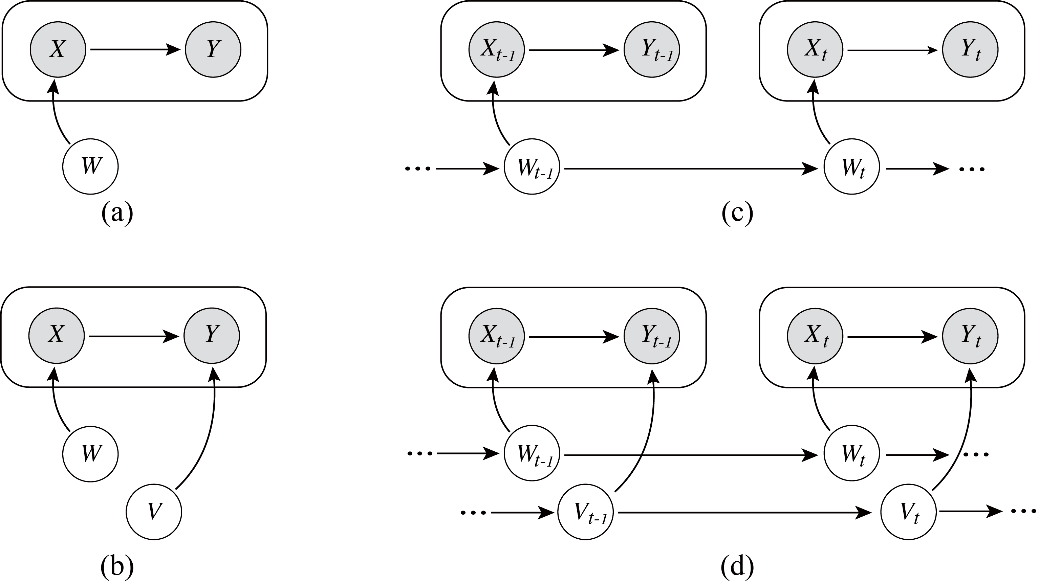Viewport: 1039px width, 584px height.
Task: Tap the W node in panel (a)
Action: pos(90,166)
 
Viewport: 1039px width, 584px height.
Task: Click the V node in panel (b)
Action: pos(154,512)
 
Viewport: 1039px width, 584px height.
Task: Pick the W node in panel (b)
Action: pos(90,454)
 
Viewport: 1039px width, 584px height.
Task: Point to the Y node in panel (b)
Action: pos(212,335)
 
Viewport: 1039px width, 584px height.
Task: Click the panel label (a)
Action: pos(117,213)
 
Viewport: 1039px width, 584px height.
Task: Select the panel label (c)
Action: pos(737,213)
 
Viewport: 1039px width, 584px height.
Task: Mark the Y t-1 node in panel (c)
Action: pos(652,50)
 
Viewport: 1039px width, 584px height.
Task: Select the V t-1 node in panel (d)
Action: pos(586,512)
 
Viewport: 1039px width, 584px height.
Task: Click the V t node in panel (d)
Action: pos(908,512)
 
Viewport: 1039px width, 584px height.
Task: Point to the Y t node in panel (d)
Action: pos(970,335)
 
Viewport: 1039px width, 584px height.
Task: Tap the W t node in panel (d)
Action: pos(852,454)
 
